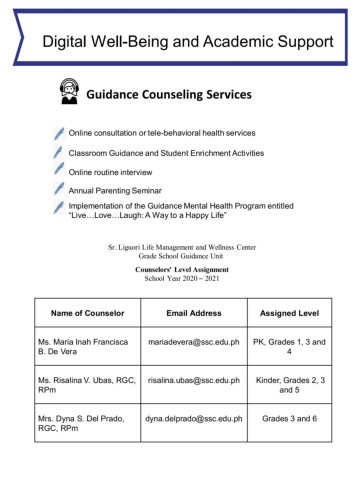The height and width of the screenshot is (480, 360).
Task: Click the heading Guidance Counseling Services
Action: click(x=175, y=96)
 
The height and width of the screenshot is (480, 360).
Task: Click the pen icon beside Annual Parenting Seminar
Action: click(x=60, y=188)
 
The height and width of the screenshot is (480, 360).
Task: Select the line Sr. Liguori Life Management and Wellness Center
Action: click(x=180, y=245)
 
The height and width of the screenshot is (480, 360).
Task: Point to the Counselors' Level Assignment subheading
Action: click(x=180, y=270)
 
